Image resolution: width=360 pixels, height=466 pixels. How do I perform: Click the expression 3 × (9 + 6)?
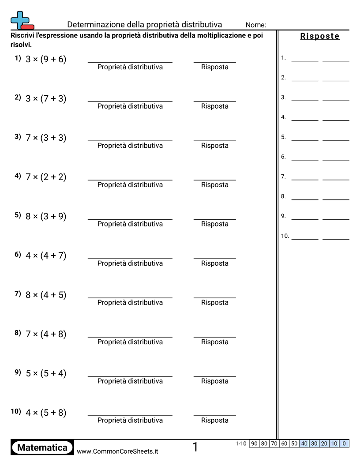point(46,59)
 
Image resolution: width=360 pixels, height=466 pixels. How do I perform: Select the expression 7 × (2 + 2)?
point(46,177)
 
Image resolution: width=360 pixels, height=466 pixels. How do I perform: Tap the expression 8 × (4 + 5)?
point(46,295)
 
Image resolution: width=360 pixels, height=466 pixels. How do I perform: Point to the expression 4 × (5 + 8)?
point(46,413)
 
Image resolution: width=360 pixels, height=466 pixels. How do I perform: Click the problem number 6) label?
point(18,254)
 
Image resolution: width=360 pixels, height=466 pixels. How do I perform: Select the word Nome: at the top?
point(256,25)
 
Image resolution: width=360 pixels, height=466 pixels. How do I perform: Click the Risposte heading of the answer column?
point(320,36)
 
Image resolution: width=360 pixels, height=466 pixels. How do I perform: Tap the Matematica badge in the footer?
point(42,447)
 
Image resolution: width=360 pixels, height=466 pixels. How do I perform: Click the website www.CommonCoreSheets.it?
point(117,451)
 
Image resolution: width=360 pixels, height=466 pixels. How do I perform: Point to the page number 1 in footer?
point(195,447)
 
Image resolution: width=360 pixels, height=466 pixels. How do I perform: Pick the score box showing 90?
point(254,443)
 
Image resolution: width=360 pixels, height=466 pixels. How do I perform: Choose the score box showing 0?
point(344,443)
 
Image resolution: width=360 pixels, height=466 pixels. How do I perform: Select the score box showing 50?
point(294,443)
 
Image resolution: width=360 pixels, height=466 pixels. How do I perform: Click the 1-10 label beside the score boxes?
point(241,443)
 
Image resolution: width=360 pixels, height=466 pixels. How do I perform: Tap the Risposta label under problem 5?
point(215,224)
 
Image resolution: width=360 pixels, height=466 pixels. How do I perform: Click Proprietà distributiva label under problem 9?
point(130,381)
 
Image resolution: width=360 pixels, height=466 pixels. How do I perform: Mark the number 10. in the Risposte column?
point(285,236)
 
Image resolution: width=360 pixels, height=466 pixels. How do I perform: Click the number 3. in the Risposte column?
point(283,97)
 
